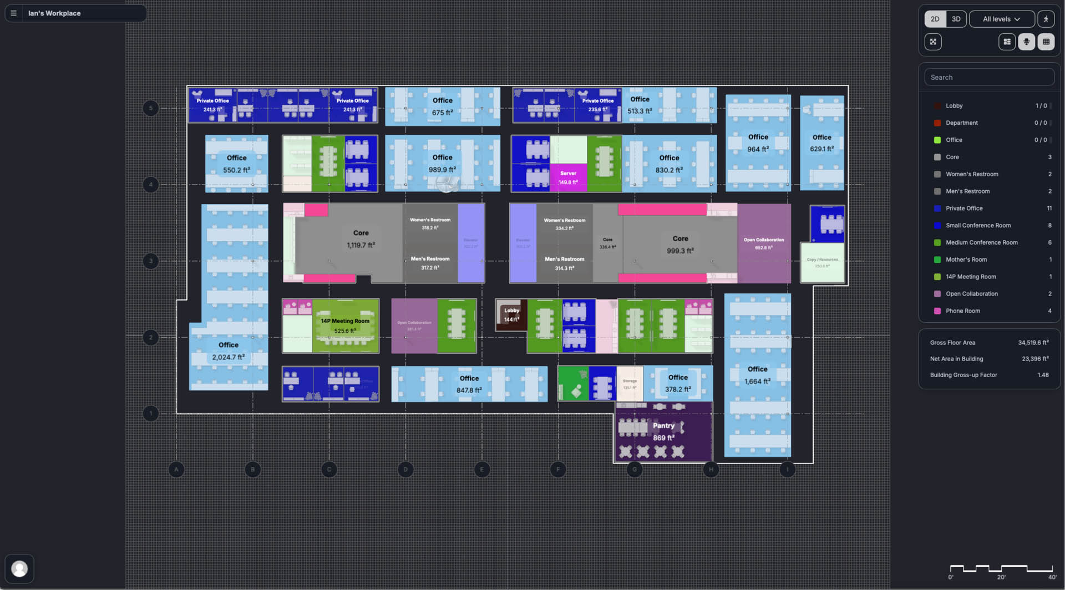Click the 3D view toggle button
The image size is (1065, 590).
[x=956, y=19]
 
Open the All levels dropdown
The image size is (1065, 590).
[x=1001, y=19]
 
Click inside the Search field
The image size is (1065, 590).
[x=989, y=77]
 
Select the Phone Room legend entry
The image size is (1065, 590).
[x=962, y=311]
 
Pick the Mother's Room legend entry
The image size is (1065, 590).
[x=966, y=260]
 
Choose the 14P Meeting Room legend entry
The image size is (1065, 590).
[x=970, y=277]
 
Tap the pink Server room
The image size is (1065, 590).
[x=568, y=177]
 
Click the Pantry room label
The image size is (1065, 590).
[x=663, y=426]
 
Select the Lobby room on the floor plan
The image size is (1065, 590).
[x=511, y=315]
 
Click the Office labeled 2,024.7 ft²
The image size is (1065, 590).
[x=228, y=351]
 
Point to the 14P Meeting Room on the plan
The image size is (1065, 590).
[x=345, y=325]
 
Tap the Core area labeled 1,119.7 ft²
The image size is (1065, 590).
[x=361, y=239]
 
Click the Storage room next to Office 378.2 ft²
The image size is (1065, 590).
[x=630, y=384]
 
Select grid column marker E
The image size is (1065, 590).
[x=481, y=470]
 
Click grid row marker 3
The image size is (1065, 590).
[x=150, y=261]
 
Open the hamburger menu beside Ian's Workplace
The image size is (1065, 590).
[x=14, y=13]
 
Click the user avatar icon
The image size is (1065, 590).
[x=19, y=568]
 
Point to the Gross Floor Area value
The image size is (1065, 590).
[x=1033, y=343]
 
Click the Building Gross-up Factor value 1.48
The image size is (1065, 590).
[x=1043, y=375]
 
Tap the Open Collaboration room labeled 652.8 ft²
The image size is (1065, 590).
[x=763, y=244]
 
